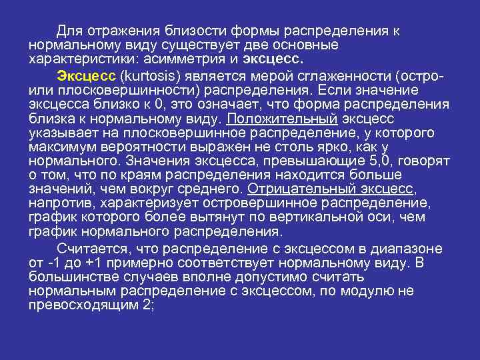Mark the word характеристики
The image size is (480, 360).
pos(73,57)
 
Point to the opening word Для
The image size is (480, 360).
pos(67,31)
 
